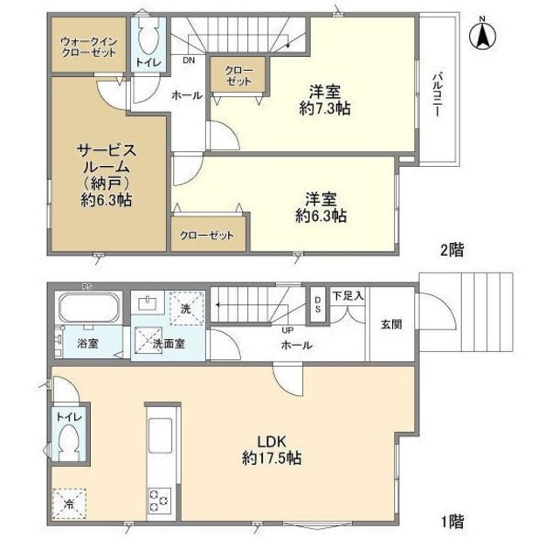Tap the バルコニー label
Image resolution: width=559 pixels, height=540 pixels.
point(438,94)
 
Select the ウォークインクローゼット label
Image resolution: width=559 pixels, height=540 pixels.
point(89,46)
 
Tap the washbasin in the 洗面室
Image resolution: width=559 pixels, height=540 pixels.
point(148,304)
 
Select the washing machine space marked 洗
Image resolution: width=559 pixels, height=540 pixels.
point(186,308)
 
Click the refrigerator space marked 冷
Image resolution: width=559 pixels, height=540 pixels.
point(69,504)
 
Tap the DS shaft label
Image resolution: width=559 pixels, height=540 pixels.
point(317,305)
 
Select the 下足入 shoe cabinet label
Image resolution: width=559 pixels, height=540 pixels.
point(349,295)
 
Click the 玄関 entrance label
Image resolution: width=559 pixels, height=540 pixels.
point(391,324)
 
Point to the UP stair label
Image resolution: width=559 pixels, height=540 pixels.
point(287,330)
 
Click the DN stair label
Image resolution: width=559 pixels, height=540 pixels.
point(189,60)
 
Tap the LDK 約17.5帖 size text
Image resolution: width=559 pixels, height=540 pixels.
point(272,458)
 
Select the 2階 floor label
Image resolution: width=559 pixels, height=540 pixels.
point(452,251)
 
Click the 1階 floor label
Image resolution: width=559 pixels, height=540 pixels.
point(452,522)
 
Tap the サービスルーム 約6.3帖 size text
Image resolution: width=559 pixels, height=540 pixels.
point(106,200)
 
